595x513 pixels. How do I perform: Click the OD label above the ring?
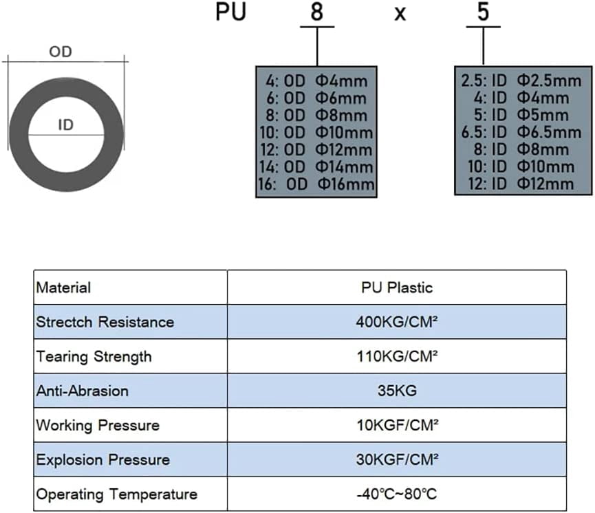click(x=61, y=52)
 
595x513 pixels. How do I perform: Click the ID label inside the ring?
click(x=65, y=125)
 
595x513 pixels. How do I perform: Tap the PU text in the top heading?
click(x=230, y=12)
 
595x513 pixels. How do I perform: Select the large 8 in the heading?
click(x=317, y=12)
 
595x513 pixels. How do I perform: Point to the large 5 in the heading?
click(x=483, y=12)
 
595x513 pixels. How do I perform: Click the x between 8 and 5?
click(x=400, y=14)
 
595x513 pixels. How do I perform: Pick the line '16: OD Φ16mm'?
click(x=316, y=184)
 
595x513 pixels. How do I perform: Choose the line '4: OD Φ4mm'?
click(x=316, y=81)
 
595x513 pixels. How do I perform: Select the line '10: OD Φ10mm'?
click(x=316, y=133)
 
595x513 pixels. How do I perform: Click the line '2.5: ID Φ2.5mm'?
click(x=521, y=81)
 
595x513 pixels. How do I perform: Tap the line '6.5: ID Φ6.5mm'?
click(x=521, y=133)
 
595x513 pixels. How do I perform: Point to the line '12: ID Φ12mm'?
click(x=521, y=184)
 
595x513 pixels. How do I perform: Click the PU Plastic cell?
click(x=397, y=287)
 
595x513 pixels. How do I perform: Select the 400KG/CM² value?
click(x=397, y=322)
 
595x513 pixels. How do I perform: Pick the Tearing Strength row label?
click(x=94, y=357)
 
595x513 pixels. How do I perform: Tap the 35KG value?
click(x=397, y=391)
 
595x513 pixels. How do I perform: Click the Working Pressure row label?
click(x=98, y=426)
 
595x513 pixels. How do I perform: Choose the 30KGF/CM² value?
click(x=397, y=460)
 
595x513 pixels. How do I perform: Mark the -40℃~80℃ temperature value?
click(x=397, y=494)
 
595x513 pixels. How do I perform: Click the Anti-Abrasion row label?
click(x=83, y=391)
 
